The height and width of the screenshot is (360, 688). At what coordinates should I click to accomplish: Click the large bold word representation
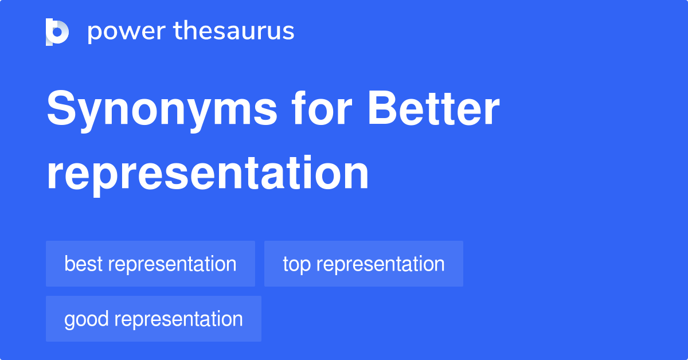point(208,173)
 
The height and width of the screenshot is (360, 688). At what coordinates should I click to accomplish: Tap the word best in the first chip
point(83,264)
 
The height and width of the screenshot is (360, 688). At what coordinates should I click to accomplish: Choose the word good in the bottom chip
point(85,319)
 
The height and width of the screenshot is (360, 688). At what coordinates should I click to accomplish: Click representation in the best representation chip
point(172,265)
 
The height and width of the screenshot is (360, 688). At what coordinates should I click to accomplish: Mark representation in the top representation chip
point(380,265)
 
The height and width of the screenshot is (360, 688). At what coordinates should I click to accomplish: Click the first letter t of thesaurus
point(178,31)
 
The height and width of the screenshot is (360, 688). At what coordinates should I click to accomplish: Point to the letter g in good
point(69,321)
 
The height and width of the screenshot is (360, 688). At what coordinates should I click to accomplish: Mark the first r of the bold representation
point(54,175)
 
